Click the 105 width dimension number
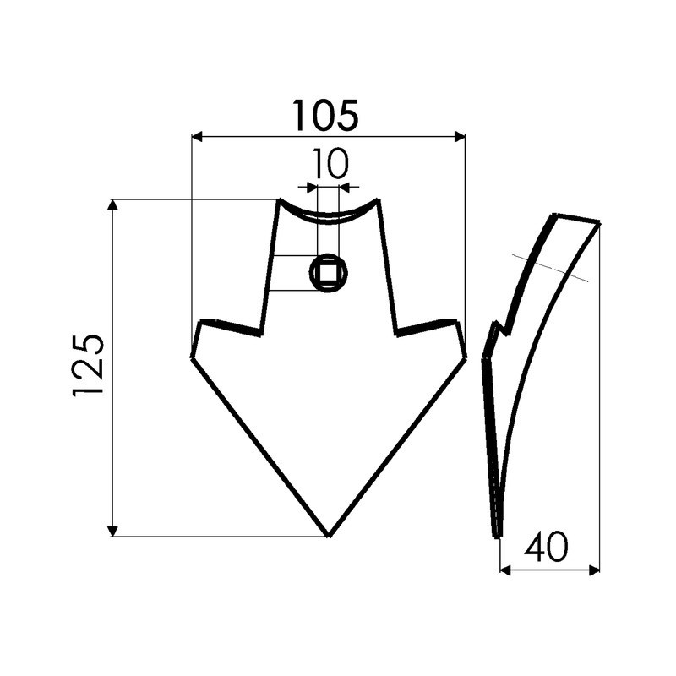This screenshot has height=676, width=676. pyautogui.click(x=325, y=116)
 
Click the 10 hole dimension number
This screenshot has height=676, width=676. pyautogui.click(x=330, y=165)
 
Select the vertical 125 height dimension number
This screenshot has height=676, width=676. pyautogui.click(x=90, y=365)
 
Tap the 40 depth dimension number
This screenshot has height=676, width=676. pyautogui.click(x=546, y=548)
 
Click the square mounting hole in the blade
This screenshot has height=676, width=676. pyautogui.click(x=329, y=273)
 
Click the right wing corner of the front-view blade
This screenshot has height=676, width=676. pyautogui.click(x=466, y=357)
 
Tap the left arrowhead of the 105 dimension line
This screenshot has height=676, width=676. pyautogui.click(x=197, y=136)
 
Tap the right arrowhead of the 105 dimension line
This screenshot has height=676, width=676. pyautogui.click(x=461, y=136)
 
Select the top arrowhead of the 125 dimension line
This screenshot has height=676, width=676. pyautogui.click(x=112, y=204)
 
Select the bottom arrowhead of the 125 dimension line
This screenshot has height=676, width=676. pyautogui.click(x=112, y=531)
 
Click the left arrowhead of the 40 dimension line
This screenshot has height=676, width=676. pyautogui.click(x=504, y=570)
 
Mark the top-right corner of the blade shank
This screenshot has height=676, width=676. pyautogui.click(x=378, y=200)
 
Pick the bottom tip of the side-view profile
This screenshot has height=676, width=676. pyautogui.click(x=497, y=535)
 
